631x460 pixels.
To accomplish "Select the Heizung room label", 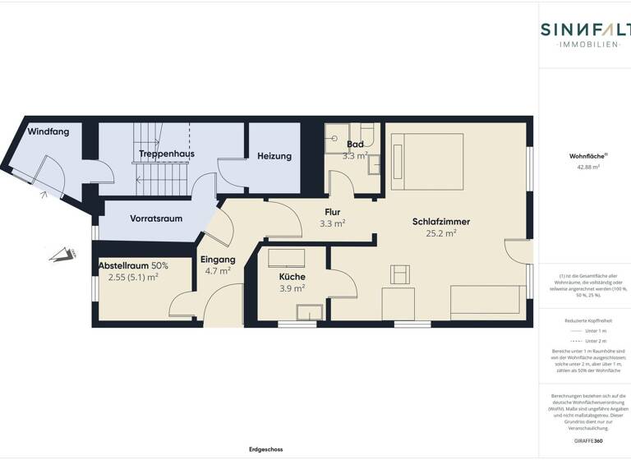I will (274, 156).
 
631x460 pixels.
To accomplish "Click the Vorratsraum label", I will (155, 218).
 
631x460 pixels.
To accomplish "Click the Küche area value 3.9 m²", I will (292, 288).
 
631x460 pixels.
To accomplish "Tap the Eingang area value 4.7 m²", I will (218, 270).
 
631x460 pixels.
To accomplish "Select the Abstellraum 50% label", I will (133, 266).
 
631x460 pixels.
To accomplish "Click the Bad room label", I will (355, 145).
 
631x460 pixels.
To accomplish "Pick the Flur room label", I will (331, 212).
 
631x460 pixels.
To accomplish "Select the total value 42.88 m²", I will (584, 167).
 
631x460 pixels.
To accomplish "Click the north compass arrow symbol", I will (60, 255).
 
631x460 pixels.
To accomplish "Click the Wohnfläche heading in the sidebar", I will (584, 155).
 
